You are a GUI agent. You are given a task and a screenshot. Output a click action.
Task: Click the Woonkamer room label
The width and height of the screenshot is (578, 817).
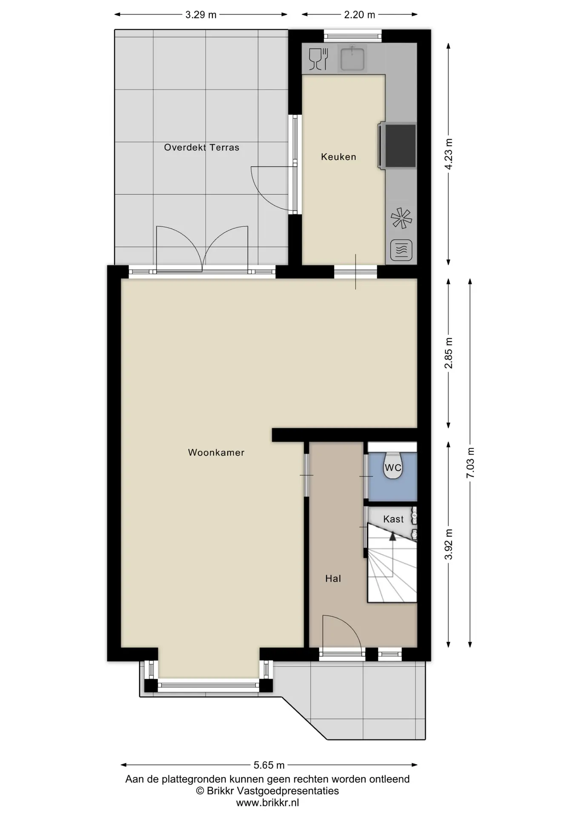coord(216,452)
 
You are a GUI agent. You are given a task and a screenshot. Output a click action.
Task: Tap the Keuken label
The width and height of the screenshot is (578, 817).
coord(338,157)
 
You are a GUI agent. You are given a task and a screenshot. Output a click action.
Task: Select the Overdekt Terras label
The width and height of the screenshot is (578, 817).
coord(202,147)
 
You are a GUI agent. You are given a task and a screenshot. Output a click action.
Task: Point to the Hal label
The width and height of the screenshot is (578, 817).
coord(333,578)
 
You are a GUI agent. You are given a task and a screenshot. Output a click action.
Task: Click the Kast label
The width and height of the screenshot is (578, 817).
coord(393,519)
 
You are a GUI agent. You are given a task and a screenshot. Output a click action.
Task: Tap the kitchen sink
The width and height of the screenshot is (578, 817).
coord(352,58)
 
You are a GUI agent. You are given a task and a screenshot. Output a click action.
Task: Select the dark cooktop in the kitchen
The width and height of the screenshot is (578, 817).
coord(399,146)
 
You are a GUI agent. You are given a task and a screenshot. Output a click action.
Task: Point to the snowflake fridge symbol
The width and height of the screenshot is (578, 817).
coord(401,218)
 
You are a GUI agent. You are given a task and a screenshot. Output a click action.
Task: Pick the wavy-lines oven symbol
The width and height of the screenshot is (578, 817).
coord(401,250)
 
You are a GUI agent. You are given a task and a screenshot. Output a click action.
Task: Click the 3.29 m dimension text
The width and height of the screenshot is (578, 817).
coord(201,15)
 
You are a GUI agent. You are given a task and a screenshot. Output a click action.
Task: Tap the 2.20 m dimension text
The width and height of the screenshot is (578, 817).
coord(360,15)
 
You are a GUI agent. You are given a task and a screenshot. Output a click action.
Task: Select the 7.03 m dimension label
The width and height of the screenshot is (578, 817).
coord(470,463)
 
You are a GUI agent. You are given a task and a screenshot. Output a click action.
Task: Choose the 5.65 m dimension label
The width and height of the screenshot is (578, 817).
coord(269,765)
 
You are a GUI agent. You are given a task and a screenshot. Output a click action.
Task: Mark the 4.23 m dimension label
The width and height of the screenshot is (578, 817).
coord(449,154)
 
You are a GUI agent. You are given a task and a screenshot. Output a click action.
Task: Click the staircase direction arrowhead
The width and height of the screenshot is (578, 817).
coord(392,536)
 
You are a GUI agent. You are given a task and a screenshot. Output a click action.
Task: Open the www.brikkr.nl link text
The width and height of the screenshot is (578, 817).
coord(268,803)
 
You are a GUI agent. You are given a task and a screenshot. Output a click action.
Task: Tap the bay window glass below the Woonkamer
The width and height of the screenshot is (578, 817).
coord(209,685)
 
